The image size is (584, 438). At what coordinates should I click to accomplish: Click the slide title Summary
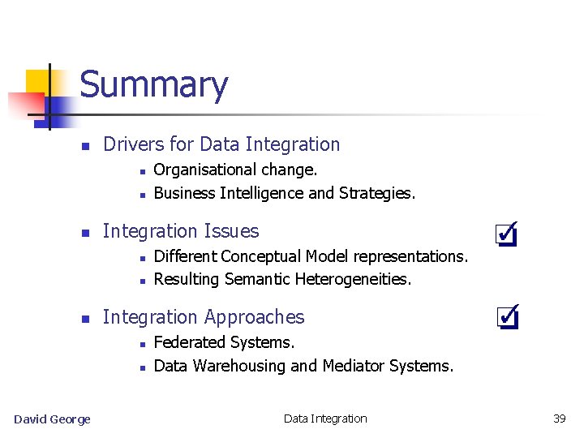pos(154,85)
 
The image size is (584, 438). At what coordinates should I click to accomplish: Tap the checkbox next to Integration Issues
pos(506,234)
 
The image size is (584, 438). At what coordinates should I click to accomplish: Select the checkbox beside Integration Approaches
pos(506,316)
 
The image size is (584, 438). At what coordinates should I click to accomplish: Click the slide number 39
pos(559,419)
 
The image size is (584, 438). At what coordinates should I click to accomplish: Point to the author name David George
pos(52,419)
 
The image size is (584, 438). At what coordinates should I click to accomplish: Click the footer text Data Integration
pos(325,419)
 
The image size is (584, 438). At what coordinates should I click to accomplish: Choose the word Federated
pos(188,342)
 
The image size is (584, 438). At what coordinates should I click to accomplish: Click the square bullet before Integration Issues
pos(84,233)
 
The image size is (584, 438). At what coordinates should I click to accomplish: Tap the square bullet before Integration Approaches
pos(84,319)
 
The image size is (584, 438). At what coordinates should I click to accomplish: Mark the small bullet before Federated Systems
pos(141,344)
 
